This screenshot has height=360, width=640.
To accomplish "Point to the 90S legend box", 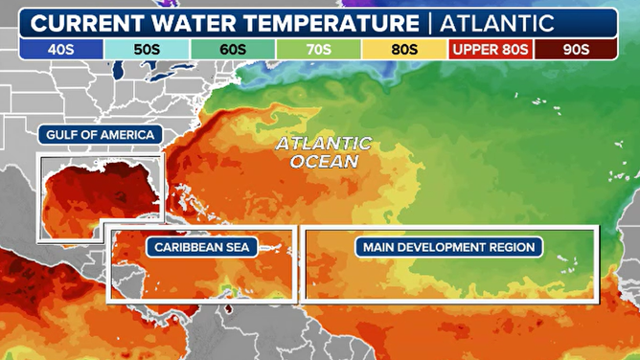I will [x=574, y=48].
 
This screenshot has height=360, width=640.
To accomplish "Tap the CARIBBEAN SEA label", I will [x=199, y=248].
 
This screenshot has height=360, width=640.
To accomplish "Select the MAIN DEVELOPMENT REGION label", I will [x=448, y=248].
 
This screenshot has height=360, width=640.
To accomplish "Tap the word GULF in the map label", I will [x=62, y=135].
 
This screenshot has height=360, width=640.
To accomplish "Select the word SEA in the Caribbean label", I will [x=236, y=248].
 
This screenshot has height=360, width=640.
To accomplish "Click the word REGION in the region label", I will [x=510, y=248].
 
